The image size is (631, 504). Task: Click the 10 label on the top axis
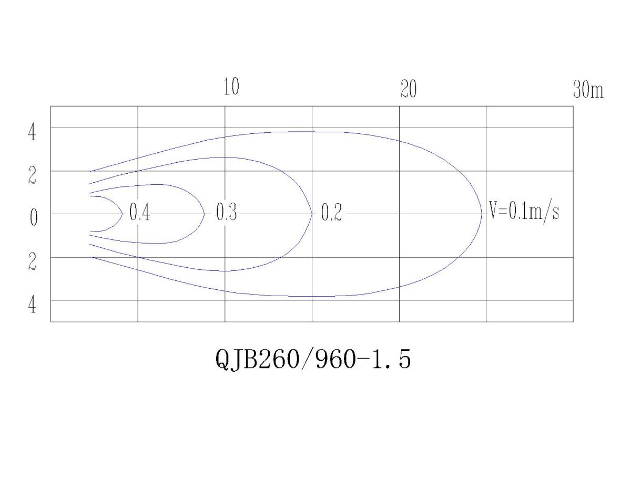pyautogui.click(x=231, y=87)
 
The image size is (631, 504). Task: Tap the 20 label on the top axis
pyautogui.click(x=409, y=89)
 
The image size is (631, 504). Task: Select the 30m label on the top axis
pyautogui.click(x=588, y=89)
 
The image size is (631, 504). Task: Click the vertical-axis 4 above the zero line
pyautogui.click(x=32, y=132)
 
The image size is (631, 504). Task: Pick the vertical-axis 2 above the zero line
pyautogui.click(x=32, y=175)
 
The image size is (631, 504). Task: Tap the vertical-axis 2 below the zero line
pyautogui.click(x=32, y=261)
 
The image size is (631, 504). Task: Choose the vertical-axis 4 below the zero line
pyautogui.click(x=32, y=305)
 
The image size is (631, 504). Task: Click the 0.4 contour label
pyautogui.click(x=139, y=212)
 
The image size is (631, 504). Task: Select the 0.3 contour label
pyautogui.click(x=226, y=212)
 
